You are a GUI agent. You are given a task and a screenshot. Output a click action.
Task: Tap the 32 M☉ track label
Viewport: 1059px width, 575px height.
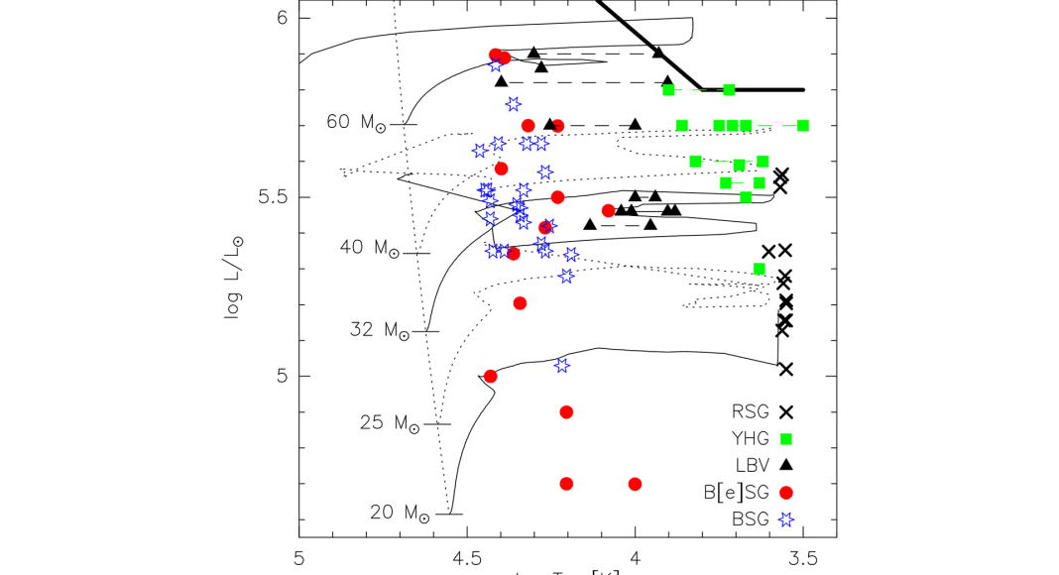click(380, 330)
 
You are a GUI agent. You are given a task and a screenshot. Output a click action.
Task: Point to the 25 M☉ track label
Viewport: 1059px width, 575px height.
click(389, 423)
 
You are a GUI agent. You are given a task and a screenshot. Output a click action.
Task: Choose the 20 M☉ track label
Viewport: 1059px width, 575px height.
click(401, 514)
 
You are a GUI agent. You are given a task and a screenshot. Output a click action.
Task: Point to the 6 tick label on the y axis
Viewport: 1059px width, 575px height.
click(281, 18)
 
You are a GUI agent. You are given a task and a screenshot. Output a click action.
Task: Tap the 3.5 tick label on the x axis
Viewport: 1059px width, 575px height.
click(803, 557)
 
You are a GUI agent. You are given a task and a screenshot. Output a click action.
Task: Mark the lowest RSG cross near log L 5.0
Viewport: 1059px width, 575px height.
click(786, 369)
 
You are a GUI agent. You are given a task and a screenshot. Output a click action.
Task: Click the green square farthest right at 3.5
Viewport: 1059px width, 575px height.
click(802, 125)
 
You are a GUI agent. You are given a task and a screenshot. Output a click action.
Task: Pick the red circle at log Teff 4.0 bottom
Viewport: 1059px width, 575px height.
click(635, 484)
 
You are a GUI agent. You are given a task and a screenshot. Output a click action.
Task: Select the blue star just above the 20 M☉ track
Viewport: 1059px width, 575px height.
click(562, 365)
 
